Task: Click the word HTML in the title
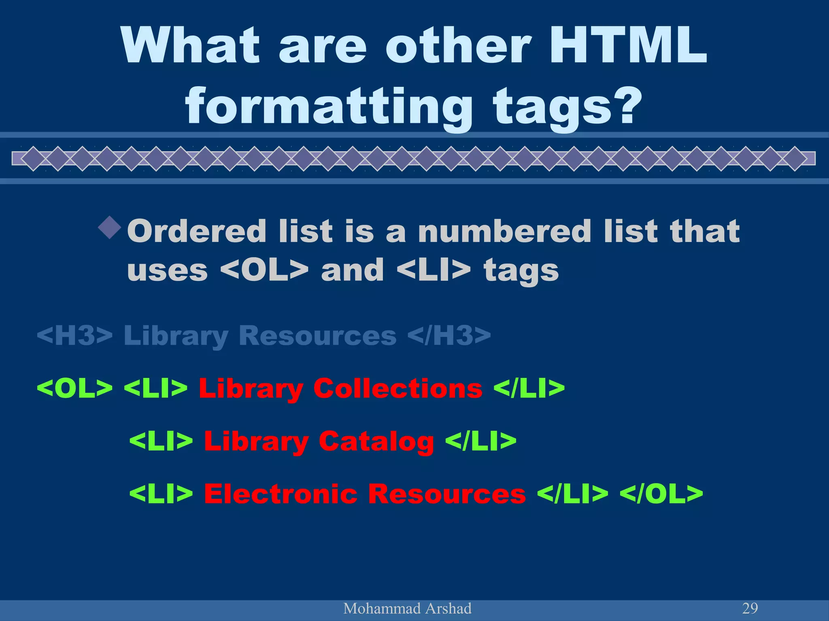pos(628,45)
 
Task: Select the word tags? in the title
pos(568,106)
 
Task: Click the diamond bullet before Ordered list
pos(110,227)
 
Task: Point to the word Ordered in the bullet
pos(196,231)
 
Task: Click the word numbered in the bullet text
pos(505,231)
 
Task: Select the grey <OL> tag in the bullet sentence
pos(264,270)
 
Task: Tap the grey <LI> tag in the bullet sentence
pos(434,270)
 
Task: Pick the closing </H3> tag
pos(449,335)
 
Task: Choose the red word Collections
pos(398,388)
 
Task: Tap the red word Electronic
pos(281,494)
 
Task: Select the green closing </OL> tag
pos(661,494)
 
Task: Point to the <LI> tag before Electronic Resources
pos(161,494)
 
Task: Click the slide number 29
pos(750,608)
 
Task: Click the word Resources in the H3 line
pos(317,335)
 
